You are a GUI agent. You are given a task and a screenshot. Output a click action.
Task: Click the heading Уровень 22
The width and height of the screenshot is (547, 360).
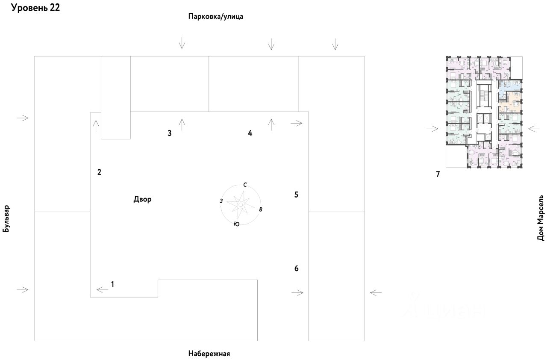(x=35, y=8)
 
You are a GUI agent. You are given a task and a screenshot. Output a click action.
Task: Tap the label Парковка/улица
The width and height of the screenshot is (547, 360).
(x=215, y=17)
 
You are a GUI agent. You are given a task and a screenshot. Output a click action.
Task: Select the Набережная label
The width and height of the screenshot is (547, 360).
(x=209, y=354)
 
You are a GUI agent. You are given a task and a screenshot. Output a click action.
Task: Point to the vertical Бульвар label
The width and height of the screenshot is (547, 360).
(x=6, y=218)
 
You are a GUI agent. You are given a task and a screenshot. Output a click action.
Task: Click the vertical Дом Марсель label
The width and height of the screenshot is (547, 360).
(x=541, y=219)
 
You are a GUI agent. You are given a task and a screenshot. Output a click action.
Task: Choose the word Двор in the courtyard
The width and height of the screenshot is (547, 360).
(x=142, y=199)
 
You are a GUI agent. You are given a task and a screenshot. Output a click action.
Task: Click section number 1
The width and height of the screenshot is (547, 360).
(x=112, y=284)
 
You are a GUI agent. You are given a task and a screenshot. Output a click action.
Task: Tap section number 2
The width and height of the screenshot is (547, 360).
(x=99, y=172)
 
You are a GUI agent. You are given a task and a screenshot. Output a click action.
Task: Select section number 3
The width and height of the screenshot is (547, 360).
(x=169, y=133)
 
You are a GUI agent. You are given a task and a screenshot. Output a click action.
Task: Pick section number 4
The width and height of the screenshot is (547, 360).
(x=250, y=133)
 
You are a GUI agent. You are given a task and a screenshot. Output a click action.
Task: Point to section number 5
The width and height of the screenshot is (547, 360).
(x=296, y=195)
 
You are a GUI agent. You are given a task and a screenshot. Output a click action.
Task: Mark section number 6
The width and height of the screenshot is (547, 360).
(x=296, y=269)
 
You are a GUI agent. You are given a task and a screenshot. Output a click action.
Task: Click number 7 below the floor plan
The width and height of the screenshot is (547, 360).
(x=438, y=174)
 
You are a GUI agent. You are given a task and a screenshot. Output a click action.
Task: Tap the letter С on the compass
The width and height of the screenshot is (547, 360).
(x=245, y=185)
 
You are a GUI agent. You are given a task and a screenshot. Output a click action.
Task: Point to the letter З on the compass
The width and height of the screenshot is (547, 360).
(x=221, y=201)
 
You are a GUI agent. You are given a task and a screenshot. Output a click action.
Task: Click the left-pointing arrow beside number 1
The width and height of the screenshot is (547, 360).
(x=103, y=289)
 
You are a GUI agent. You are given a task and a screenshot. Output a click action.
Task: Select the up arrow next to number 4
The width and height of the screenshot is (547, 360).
(x=271, y=124)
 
